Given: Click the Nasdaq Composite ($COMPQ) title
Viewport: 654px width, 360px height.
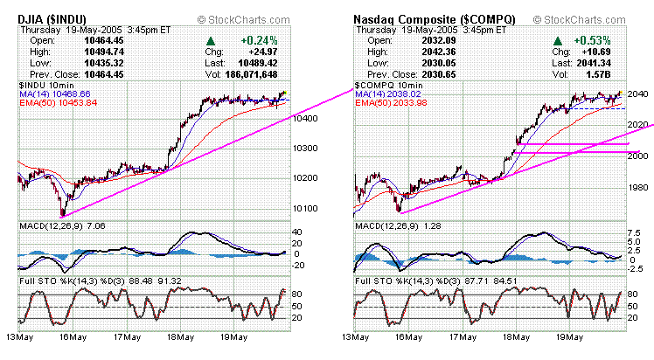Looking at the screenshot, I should pos(422,17).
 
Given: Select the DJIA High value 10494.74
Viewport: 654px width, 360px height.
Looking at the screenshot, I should pos(102,51).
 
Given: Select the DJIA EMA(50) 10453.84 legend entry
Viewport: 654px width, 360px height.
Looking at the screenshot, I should pos(66,102).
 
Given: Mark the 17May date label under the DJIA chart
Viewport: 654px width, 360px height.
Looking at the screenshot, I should pos(128,336).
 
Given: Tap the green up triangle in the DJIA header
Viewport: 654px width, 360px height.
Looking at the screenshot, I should pos(211,40).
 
